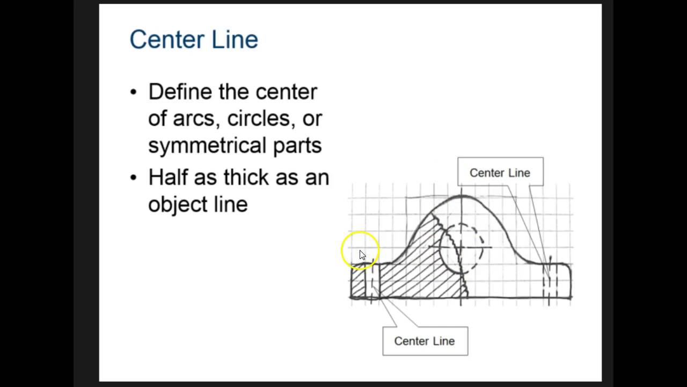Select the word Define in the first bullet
pyautogui.click(x=180, y=92)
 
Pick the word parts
pyautogui.click(x=297, y=146)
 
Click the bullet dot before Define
pyautogui.click(x=134, y=92)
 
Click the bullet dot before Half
pyautogui.click(x=134, y=177)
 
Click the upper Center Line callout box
pyautogui.click(x=500, y=173)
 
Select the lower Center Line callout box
pyautogui.click(x=425, y=341)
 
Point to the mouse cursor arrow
pyautogui.click(x=362, y=255)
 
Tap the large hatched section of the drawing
pyautogui.click(x=424, y=269)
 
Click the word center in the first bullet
pyautogui.click(x=286, y=92)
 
